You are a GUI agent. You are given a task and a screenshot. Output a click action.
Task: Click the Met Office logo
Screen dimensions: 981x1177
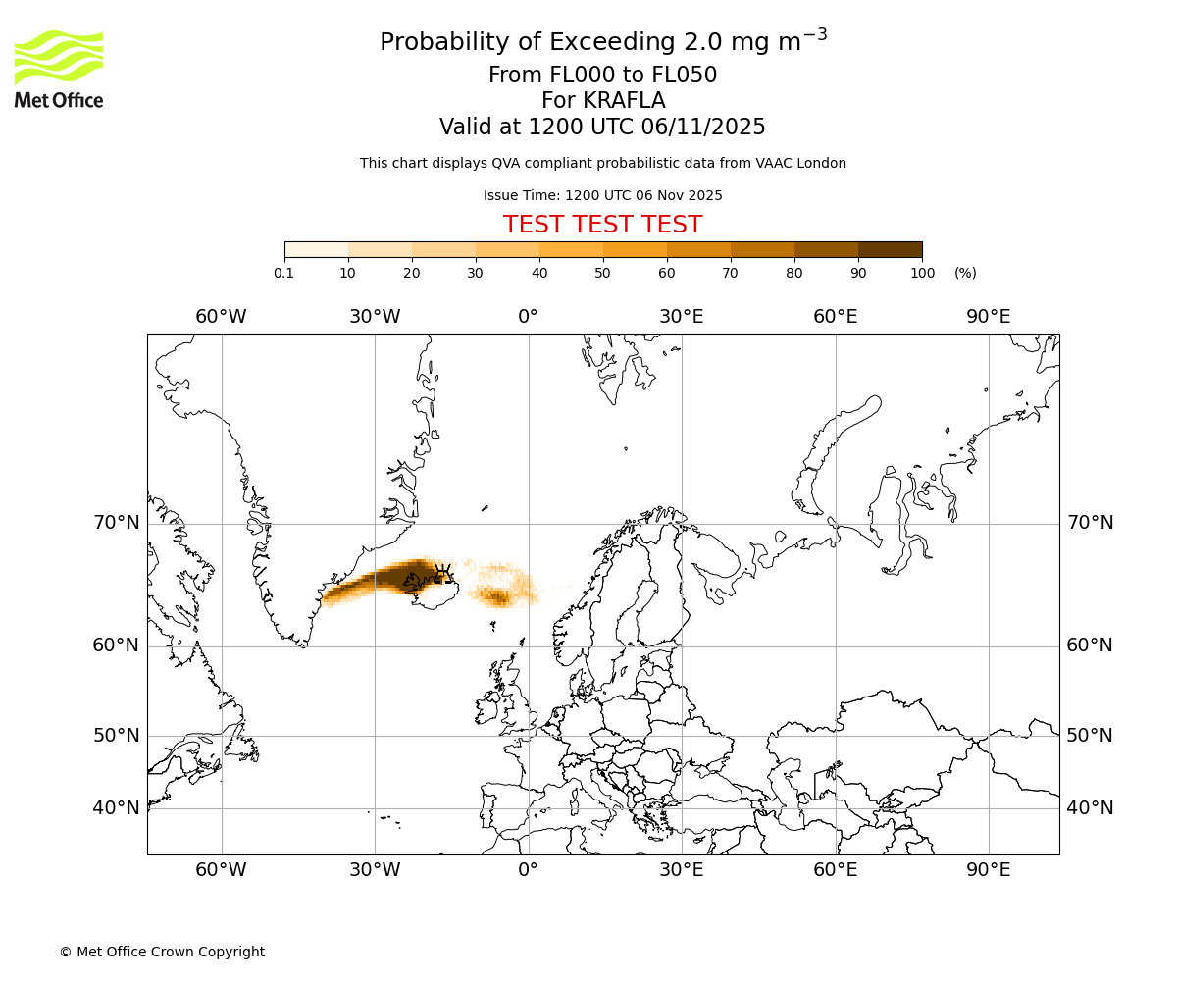59,69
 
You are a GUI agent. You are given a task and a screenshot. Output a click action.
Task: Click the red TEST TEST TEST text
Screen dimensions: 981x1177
602,225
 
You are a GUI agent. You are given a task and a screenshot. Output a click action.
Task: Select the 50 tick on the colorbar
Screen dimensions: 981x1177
603,273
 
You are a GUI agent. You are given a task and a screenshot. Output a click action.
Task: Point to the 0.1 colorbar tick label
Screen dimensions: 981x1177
284,273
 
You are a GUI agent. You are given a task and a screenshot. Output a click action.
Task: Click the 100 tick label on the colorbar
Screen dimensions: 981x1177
922,273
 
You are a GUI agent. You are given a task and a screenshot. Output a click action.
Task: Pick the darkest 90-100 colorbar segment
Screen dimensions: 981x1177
890,250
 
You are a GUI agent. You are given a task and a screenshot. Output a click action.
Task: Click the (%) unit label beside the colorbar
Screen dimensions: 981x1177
965,273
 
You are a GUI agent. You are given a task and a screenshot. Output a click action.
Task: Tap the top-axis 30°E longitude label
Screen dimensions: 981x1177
682,316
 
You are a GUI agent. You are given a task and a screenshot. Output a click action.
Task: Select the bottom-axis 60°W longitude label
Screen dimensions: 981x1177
221,869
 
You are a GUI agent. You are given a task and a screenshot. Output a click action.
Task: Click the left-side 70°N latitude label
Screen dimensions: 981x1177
117,523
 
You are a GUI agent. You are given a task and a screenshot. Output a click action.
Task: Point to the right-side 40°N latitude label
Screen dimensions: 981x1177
1090,808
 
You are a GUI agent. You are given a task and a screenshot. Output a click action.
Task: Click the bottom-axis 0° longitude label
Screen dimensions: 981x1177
528,869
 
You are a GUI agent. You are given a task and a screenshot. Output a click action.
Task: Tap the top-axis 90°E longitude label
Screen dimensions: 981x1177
989,316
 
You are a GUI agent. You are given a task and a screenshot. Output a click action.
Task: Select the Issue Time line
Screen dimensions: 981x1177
602,195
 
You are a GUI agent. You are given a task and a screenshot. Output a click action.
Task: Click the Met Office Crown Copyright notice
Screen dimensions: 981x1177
162,952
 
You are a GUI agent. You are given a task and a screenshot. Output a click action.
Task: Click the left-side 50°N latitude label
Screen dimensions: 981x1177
117,736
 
